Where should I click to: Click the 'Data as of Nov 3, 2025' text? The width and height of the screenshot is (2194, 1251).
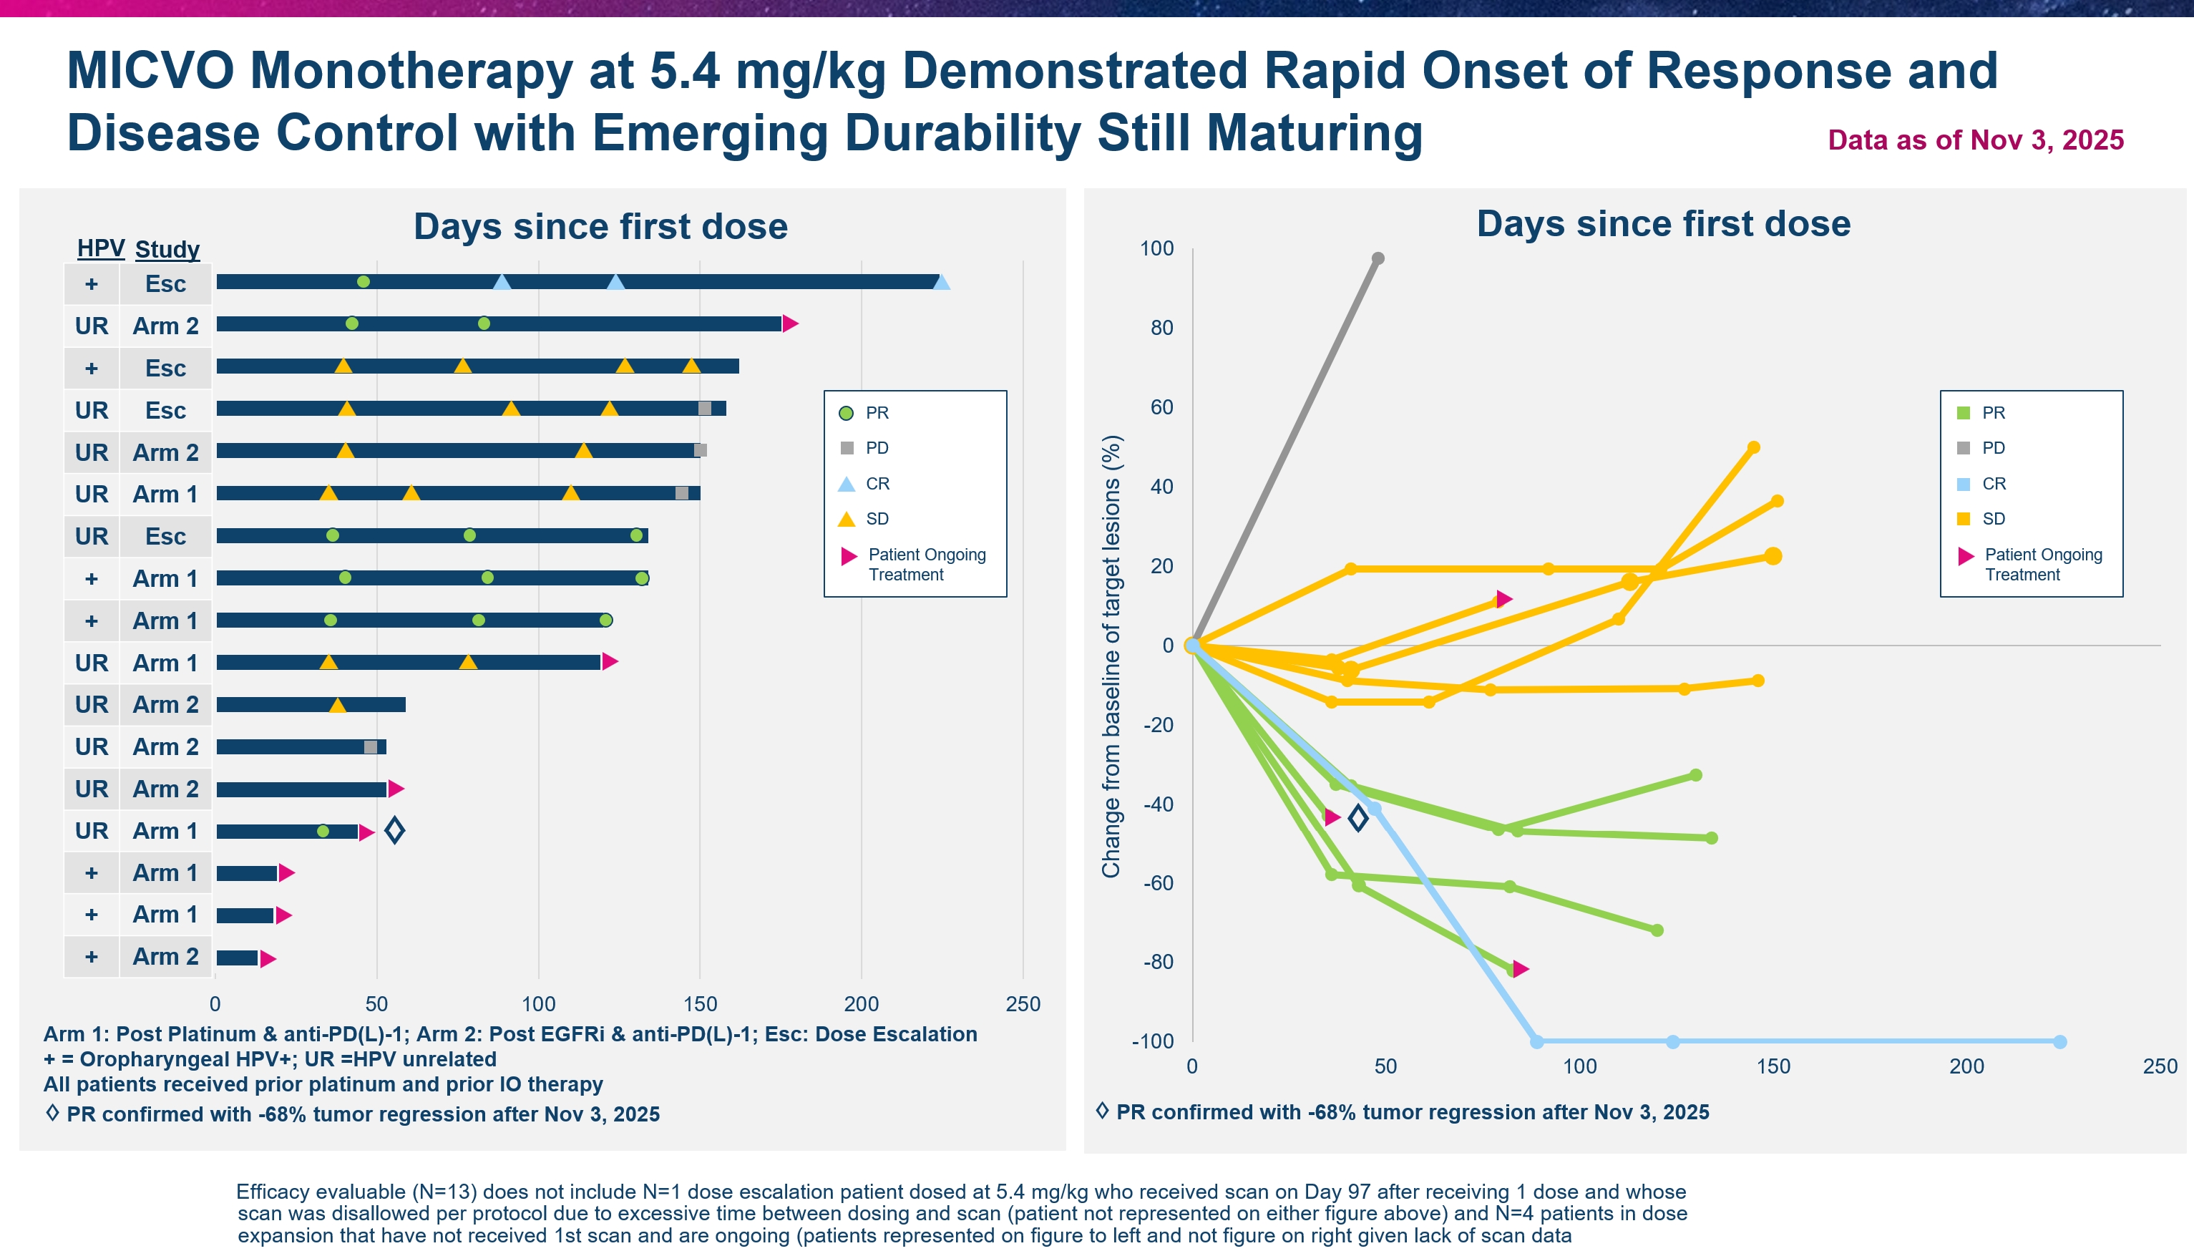(x=1975, y=140)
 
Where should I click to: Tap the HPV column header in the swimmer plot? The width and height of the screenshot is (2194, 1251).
(x=100, y=248)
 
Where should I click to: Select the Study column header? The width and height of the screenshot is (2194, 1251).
(x=167, y=249)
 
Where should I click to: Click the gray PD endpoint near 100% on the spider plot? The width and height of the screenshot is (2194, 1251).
(x=1378, y=258)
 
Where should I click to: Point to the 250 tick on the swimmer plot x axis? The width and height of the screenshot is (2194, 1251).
(x=1023, y=1003)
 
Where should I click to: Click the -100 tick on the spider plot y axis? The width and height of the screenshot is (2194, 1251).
(x=1153, y=1041)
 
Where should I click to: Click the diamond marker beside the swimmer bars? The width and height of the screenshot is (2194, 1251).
(x=394, y=830)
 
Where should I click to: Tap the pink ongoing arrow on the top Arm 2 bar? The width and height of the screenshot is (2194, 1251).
(x=790, y=324)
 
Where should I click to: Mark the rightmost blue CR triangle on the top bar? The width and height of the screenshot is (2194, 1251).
(x=942, y=283)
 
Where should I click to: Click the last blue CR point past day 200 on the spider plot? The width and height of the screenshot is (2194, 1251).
(x=2060, y=1041)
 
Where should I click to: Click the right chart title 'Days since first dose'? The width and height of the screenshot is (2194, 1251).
(x=1663, y=223)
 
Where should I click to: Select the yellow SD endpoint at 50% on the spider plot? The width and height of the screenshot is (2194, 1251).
(x=1754, y=447)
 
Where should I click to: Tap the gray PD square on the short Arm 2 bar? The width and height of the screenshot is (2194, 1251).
(x=370, y=746)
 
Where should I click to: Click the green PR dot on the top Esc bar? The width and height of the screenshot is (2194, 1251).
(x=364, y=282)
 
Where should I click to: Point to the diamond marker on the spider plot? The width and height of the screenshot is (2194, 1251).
(x=1358, y=818)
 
